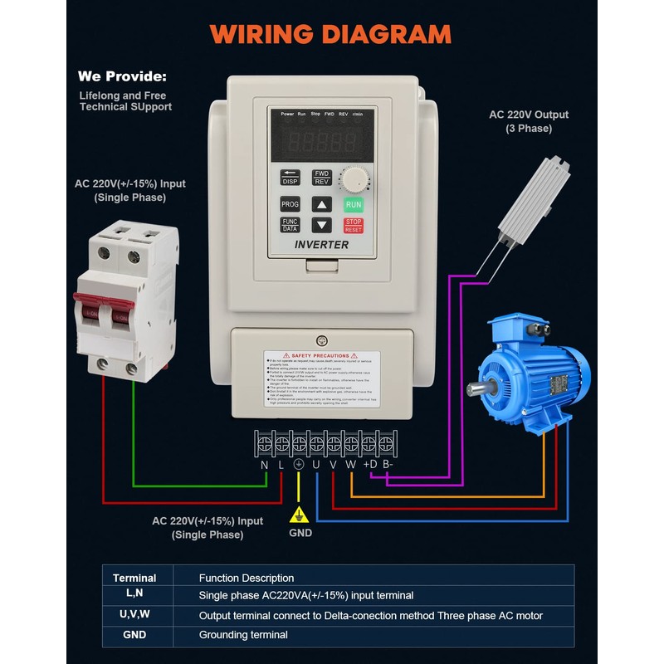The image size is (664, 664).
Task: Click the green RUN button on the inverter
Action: tap(354, 203)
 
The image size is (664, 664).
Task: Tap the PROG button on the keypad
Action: tap(290, 204)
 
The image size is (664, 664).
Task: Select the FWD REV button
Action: tap(321, 178)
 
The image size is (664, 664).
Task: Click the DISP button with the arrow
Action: tap(290, 178)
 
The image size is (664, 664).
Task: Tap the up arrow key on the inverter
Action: tap(321, 204)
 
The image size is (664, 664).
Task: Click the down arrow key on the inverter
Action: tap(321, 225)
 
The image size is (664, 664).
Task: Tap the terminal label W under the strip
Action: tap(350, 466)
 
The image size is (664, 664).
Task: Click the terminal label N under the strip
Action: tap(264, 466)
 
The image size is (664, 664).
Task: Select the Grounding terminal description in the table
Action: tap(243, 635)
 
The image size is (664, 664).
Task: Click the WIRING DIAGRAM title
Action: tap(330, 34)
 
